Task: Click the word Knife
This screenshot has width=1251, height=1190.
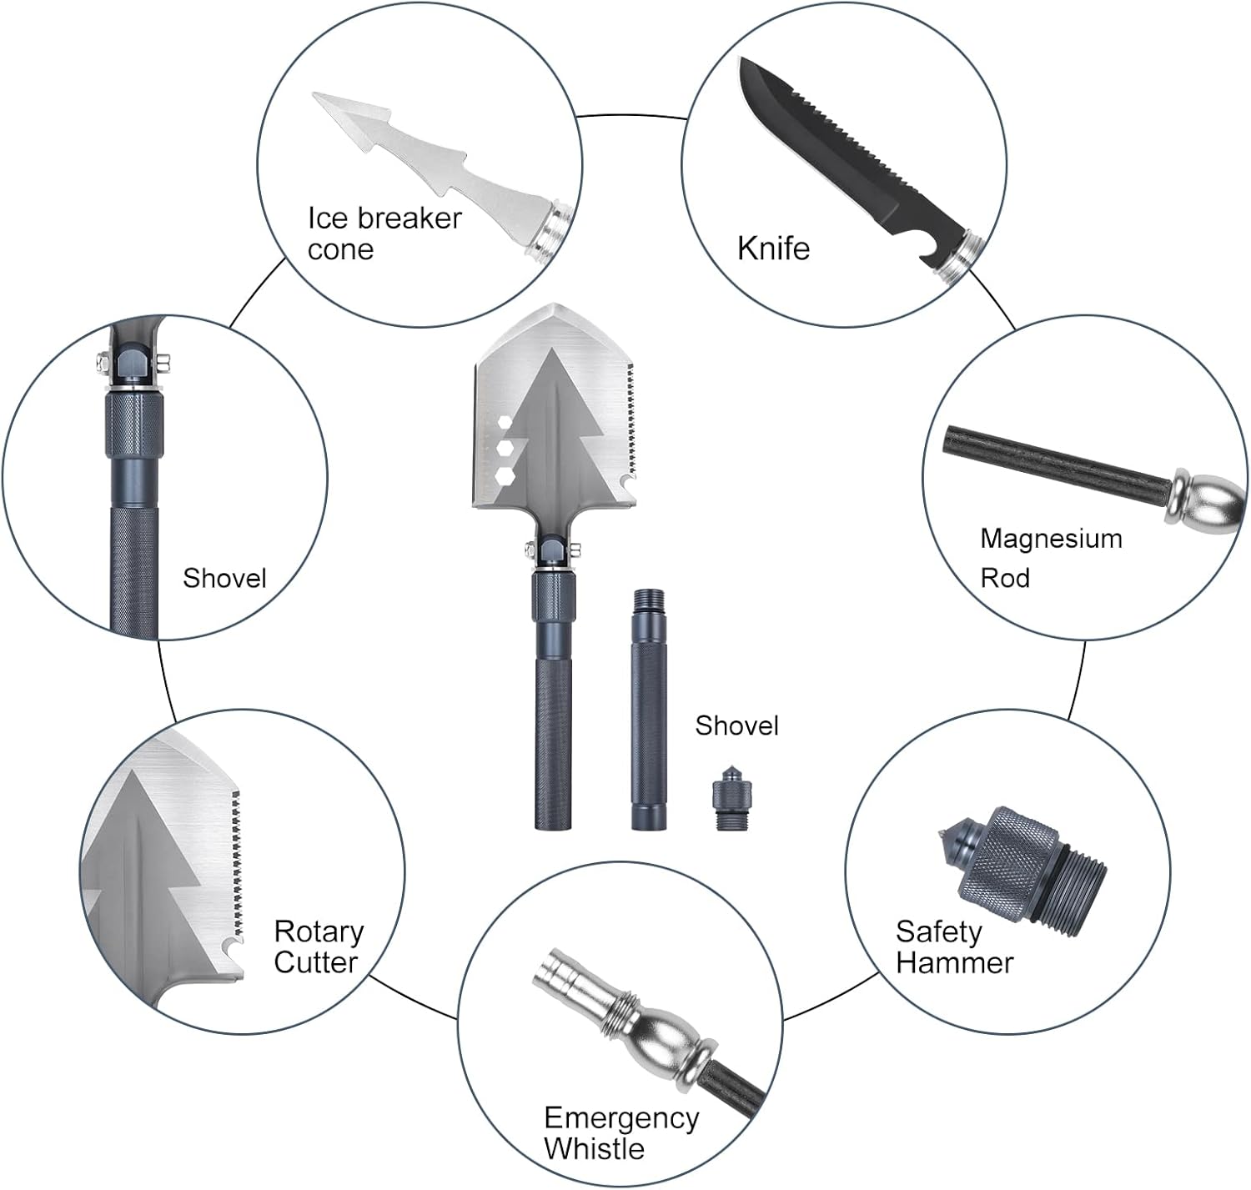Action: pyautogui.click(x=773, y=249)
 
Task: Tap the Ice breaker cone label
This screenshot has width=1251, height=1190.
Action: pyautogui.click(x=384, y=233)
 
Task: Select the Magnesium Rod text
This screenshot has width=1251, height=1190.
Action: pyautogui.click(x=1051, y=558)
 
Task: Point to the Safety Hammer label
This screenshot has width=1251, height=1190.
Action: pyautogui.click(x=954, y=946)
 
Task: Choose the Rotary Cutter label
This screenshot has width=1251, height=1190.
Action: pyautogui.click(x=319, y=946)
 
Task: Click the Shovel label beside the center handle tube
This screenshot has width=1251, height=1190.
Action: pyautogui.click(x=736, y=726)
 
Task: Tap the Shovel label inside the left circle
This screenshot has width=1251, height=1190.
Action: pyautogui.click(x=224, y=578)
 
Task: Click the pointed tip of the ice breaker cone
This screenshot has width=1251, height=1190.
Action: pyautogui.click(x=314, y=95)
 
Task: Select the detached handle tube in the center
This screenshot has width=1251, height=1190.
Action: pyautogui.click(x=649, y=710)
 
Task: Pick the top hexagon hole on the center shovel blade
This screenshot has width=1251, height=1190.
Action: pyautogui.click(x=505, y=421)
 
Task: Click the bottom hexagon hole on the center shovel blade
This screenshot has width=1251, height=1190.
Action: pyautogui.click(x=505, y=475)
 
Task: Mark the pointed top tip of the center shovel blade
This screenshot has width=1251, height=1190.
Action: pyautogui.click(x=554, y=305)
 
